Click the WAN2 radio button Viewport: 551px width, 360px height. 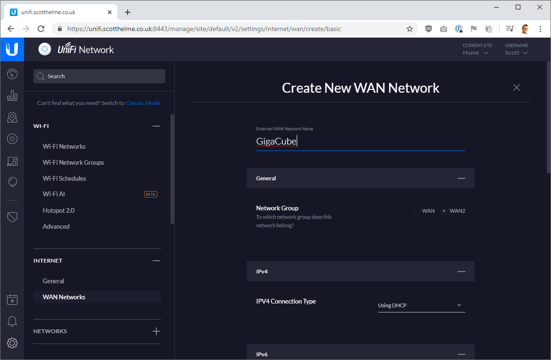click(x=444, y=211)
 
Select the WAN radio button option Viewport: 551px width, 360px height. click(x=417, y=211)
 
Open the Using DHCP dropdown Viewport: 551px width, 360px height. click(x=421, y=305)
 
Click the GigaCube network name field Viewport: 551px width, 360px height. click(x=360, y=141)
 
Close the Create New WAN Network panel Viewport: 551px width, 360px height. click(x=517, y=88)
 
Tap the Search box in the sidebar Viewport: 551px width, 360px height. click(x=99, y=76)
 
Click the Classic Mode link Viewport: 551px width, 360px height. click(x=143, y=103)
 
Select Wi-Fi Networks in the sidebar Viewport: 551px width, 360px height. click(x=64, y=146)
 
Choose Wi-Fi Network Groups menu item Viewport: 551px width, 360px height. click(x=73, y=162)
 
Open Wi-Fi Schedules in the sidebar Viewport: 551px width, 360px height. click(x=64, y=178)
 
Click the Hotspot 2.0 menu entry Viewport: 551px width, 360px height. click(x=58, y=210)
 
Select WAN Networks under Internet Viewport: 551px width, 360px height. click(x=64, y=297)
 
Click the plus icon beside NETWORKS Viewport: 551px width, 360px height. click(x=156, y=331)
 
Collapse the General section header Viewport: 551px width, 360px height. click(x=461, y=178)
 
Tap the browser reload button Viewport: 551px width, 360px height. click(x=41, y=29)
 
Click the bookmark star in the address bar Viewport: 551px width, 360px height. click(x=410, y=29)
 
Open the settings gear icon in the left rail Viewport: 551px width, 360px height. click(x=12, y=343)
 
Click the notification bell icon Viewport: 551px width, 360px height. click(x=12, y=321)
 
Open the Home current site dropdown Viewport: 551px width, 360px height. click(x=476, y=53)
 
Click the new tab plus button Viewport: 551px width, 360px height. click(x=128, y=12)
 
